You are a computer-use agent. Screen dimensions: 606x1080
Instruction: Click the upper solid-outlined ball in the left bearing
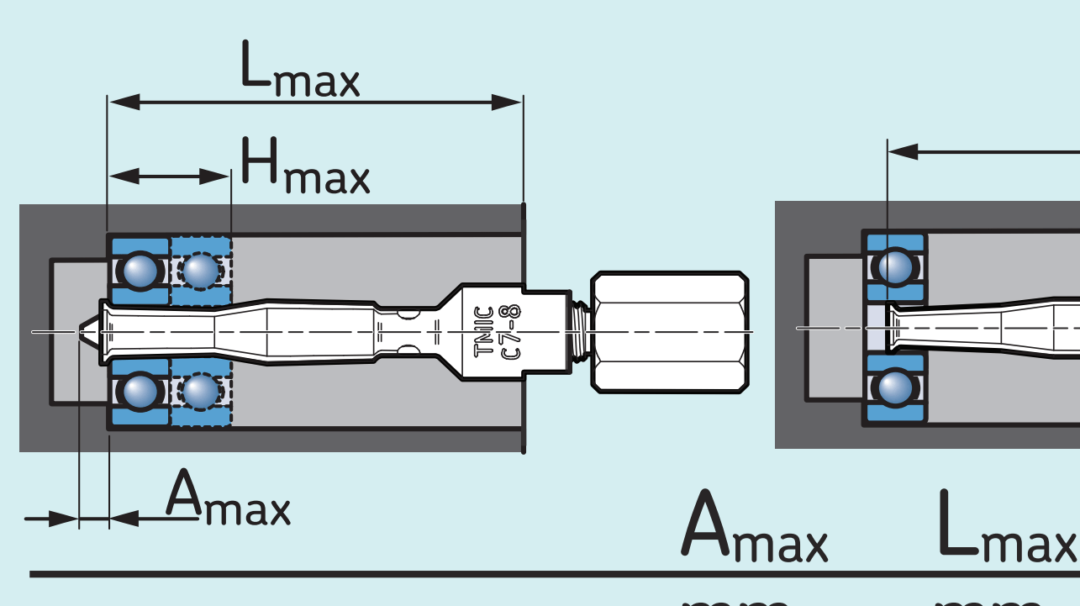[x=140, y=271]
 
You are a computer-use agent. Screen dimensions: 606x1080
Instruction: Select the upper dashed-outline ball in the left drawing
[x=200, y=271]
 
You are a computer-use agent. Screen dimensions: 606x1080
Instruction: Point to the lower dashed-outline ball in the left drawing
[x=200, y=391]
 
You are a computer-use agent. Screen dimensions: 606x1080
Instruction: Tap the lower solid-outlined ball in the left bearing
[x=140, y=391]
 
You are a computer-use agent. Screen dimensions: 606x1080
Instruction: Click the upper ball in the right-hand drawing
[x=896, y=267]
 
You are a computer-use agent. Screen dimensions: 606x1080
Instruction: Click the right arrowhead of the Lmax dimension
[x=508, y=103]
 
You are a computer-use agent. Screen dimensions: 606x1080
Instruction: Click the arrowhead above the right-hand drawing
[x=904, y=152]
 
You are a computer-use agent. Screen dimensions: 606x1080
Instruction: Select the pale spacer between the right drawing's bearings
[x=875, y=329]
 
